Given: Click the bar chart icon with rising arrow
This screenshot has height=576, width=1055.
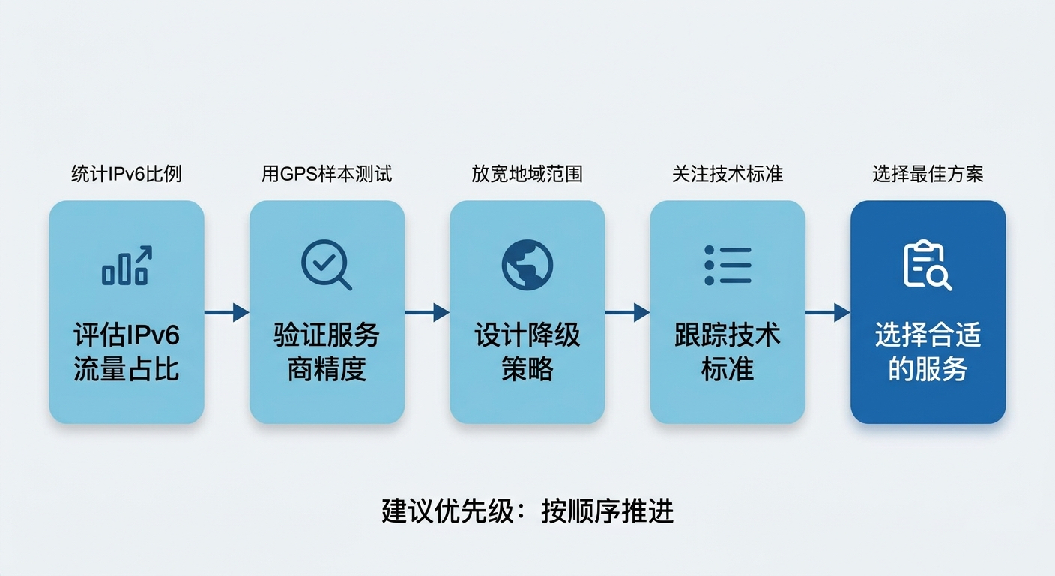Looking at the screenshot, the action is click(x=127, y=265).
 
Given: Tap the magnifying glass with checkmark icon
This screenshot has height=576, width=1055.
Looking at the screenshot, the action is click(x=326, y=265).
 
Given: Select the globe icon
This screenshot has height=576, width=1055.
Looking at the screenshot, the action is click(x=527, y=265).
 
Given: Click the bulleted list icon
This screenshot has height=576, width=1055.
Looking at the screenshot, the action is click(x=728, y=265).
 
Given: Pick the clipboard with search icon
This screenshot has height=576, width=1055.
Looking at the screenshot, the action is click(x=927, y=265).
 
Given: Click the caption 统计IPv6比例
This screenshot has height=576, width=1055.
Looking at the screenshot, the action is click(x=127, y=175).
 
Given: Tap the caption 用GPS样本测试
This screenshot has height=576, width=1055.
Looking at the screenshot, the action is click(x=327, y=175).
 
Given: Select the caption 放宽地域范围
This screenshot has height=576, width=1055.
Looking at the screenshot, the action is click(x=527, y=175).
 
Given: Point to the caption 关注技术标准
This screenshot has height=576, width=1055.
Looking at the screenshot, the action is click(x=728, y=175).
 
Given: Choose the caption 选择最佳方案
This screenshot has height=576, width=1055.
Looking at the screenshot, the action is click(x=928, y=175).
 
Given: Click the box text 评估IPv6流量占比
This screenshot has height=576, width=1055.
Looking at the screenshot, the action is click(x=127, y=352).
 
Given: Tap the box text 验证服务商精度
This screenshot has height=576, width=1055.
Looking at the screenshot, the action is click(x=327, y=352).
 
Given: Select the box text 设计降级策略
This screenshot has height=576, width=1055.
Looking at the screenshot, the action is click(x=527, y=352).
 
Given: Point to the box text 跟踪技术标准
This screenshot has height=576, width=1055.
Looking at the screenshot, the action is click(x=728, y=352).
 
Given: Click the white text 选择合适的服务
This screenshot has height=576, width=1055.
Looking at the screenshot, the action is click(x=928, y=352).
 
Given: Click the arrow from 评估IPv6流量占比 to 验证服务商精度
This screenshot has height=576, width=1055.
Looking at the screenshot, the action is click(x=226, y=312).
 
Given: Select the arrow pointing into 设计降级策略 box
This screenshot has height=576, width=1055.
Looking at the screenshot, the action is click(x=427, y=312).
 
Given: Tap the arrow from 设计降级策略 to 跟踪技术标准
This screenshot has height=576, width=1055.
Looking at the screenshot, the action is click(x=627, y=312).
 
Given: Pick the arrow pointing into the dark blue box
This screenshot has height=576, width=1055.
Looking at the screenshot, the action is click(x=827, y=312).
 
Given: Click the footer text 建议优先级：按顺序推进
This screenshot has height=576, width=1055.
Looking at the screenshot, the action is click(x=527, y=511).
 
